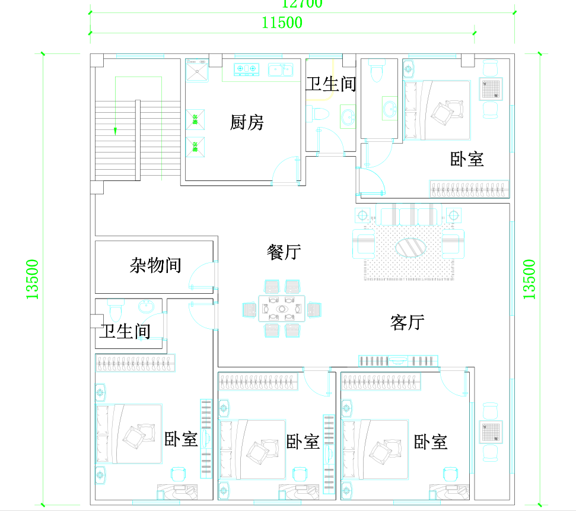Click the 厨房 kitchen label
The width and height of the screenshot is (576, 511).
coord(247,123)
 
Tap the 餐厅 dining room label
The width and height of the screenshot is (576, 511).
coord(284,252)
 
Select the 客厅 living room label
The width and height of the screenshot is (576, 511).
coord(407,322)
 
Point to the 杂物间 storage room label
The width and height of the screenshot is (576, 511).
coord(155,265)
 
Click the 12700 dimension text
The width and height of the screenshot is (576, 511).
coord(302,4)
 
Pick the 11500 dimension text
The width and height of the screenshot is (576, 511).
coord(282,23)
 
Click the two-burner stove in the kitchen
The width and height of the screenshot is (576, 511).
coord(248,70)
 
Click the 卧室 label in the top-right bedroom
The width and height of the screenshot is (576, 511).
coord(467,159)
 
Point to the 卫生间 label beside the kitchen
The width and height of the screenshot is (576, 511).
coord(330,84)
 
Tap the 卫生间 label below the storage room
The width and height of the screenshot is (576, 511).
coord(125,331)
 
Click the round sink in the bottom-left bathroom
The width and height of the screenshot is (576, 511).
coord(146,307)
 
